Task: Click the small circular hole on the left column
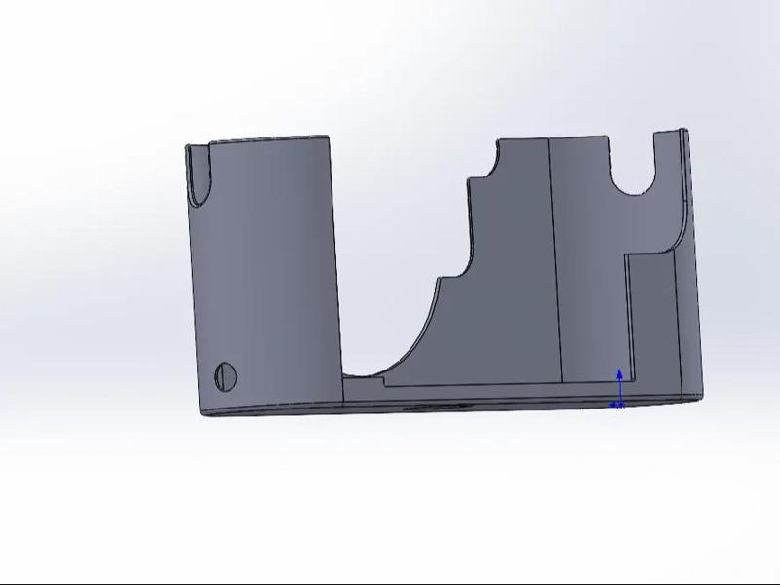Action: [x=225, y=374]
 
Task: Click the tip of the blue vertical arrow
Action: [x=619, y=371]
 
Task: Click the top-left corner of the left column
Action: [x=187, y=146]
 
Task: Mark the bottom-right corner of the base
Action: [x=699, y=395]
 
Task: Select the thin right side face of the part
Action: [x=692, y=263]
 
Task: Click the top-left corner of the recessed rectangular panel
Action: [x=627, y=256]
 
